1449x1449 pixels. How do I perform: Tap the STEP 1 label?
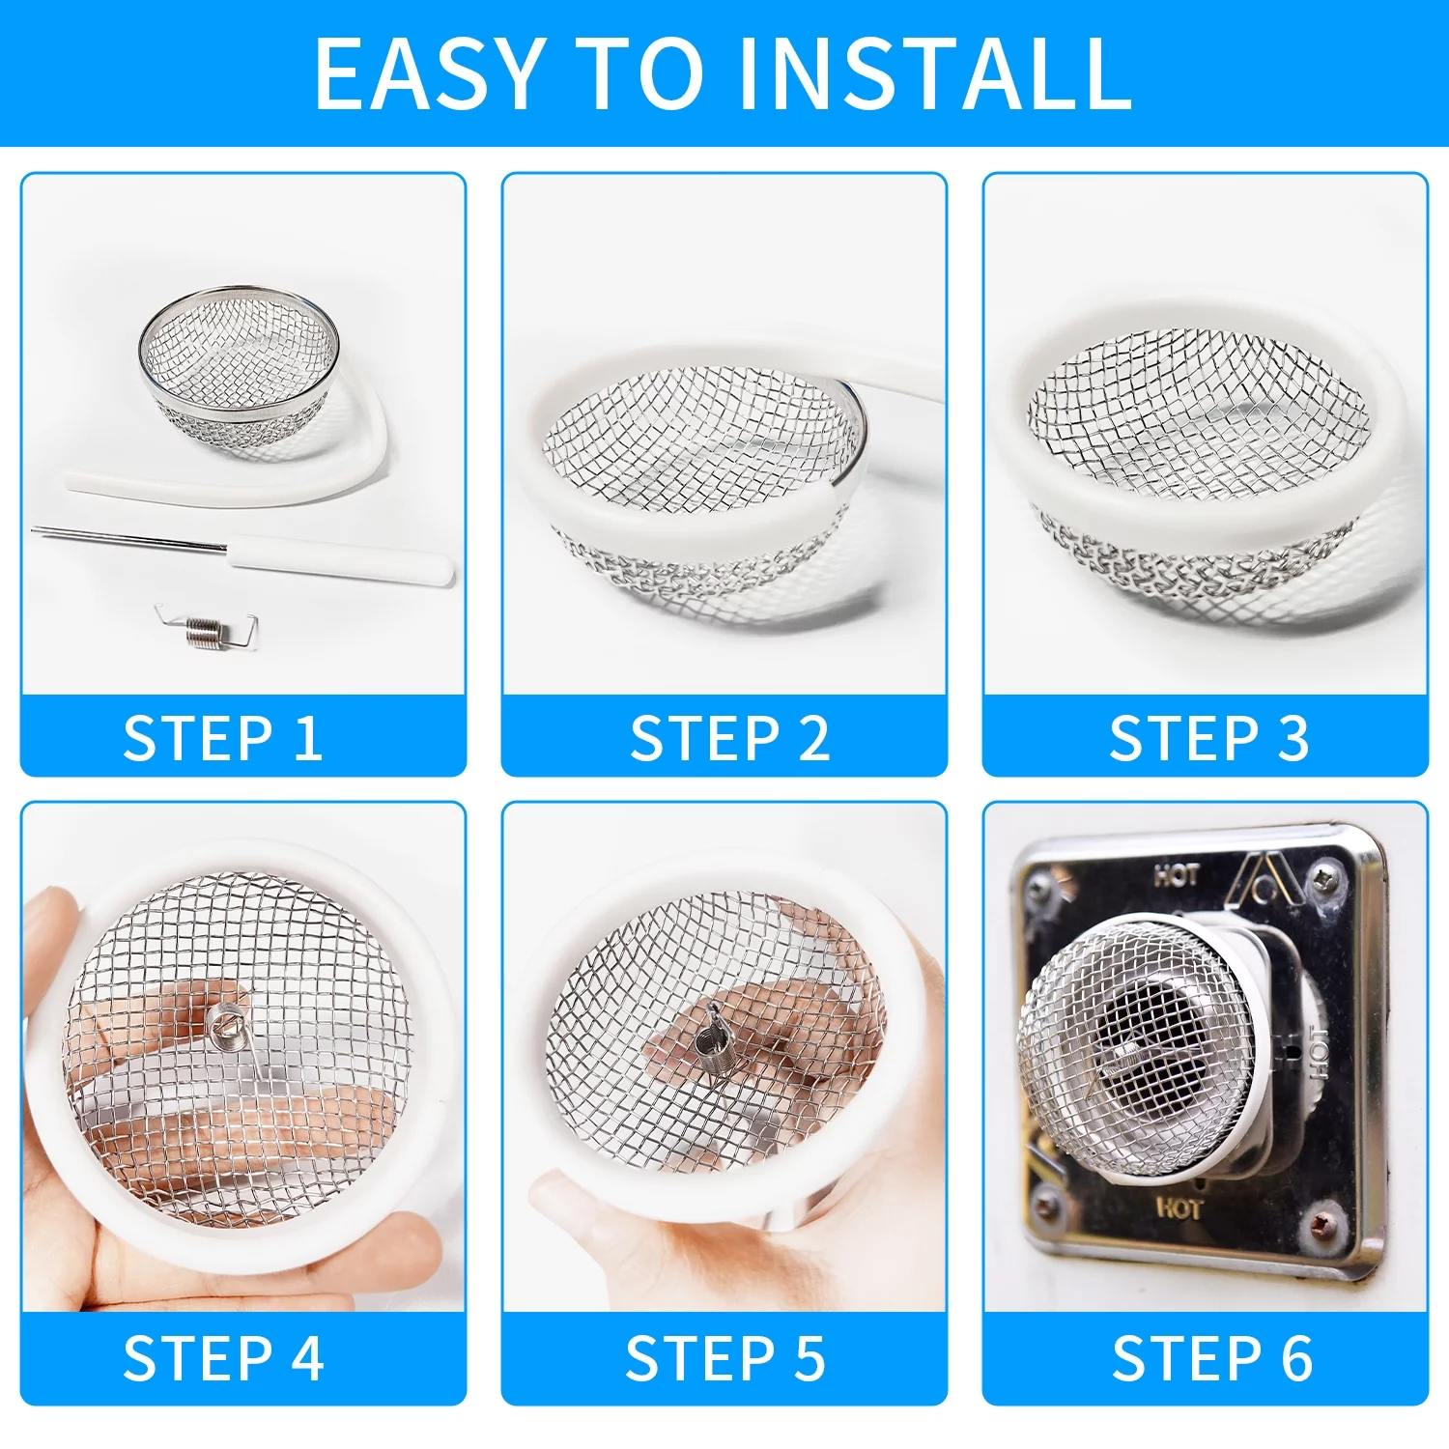click(223, 739)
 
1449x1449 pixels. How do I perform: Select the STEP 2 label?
click(729, 739)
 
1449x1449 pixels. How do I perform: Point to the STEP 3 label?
click(1208, 739)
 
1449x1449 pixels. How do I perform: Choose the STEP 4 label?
click(223, 1358)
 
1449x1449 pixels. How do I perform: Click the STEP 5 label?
click(725, 1358)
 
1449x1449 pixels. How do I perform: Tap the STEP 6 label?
click(1212, 1358)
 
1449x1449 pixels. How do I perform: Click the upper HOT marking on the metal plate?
click(1177, 875)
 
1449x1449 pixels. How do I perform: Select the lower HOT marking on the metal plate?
click(1179, 1207)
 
